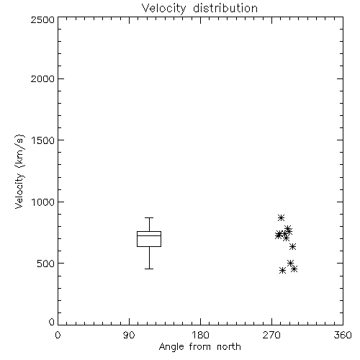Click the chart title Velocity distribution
[199, 9]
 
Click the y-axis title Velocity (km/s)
[19, 171]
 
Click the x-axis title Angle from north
[199, 347]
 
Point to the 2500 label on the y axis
[42, 19]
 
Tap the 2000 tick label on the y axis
[42, 78]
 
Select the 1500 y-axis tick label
[43, 140]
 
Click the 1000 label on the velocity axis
[43, 202]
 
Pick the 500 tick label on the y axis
[46, 264]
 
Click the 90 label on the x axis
[129, 335]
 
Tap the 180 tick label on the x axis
[200, 335]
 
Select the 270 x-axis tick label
[271, 335]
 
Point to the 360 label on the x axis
[343, 335]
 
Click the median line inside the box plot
[149, 235]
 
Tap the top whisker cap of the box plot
[149, 217]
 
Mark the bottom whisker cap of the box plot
[149, 269]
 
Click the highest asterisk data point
[281, 217]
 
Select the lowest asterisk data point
[283, 271]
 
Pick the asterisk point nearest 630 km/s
[292, 246]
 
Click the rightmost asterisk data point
[294, 269]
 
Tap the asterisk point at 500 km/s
[290, 263]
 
